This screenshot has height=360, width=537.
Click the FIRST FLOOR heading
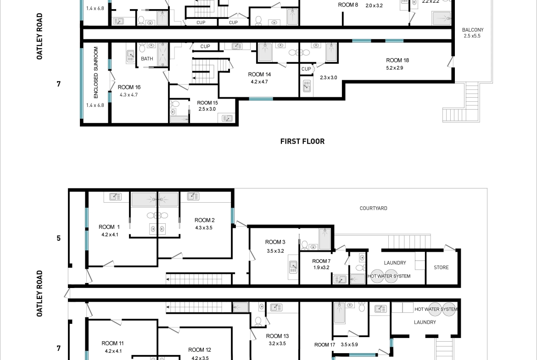[x=302, y=141]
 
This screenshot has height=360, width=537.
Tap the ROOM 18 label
[x=397, y=60]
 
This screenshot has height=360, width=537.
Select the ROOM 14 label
[x=259, y=74]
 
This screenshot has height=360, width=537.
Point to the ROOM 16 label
[x=129, y=87]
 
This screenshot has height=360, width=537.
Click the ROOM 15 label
[x=207, y=103]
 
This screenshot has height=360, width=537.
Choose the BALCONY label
[x=473, y=30]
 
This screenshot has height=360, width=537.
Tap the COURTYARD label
[x=373, y=208]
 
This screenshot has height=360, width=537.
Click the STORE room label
[x=441, y=268]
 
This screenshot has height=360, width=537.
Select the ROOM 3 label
[x=275, y=242]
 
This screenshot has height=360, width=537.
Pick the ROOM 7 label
[x=321, y=261]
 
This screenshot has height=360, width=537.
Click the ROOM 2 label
[x=204, y=220]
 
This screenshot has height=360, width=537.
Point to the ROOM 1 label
[x=109, y=227]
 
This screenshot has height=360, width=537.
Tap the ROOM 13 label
[x=277, y=336]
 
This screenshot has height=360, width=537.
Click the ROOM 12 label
[x=200, y=350]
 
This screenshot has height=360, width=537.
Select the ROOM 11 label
[x=112, y=343]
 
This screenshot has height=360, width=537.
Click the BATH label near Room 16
[x=147, y=59]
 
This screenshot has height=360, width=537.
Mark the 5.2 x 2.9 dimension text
[x=395, y=68]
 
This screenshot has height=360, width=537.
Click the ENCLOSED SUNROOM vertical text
[x=96, y=72]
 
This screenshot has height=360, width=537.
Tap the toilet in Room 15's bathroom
[x=175, y=104]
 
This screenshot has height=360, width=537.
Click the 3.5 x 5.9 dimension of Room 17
[x=349, y=344]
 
